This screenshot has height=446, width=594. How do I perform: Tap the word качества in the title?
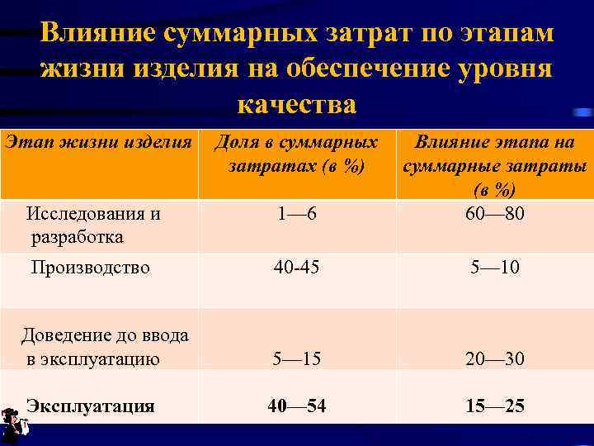click(297, 105)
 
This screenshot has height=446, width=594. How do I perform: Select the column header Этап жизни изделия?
click(98, 141)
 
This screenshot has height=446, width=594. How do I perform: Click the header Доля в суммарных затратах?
click(297, 154)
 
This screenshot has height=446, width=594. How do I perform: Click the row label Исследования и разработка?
click(92, 225)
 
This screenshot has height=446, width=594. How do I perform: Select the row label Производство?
click(90, 268)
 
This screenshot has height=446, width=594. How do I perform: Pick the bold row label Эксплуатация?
click(90, 406)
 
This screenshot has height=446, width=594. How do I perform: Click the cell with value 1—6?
click(297, 215)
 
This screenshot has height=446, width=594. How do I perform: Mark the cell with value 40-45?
click(297, 268)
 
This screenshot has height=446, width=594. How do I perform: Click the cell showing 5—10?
click(495, 268)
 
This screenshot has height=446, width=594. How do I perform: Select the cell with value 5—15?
click(297, 359)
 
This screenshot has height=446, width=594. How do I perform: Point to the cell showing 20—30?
click(495, 359)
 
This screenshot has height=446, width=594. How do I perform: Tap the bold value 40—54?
click(297, 406)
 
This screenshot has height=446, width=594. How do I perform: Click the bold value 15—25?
click(495, 406)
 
